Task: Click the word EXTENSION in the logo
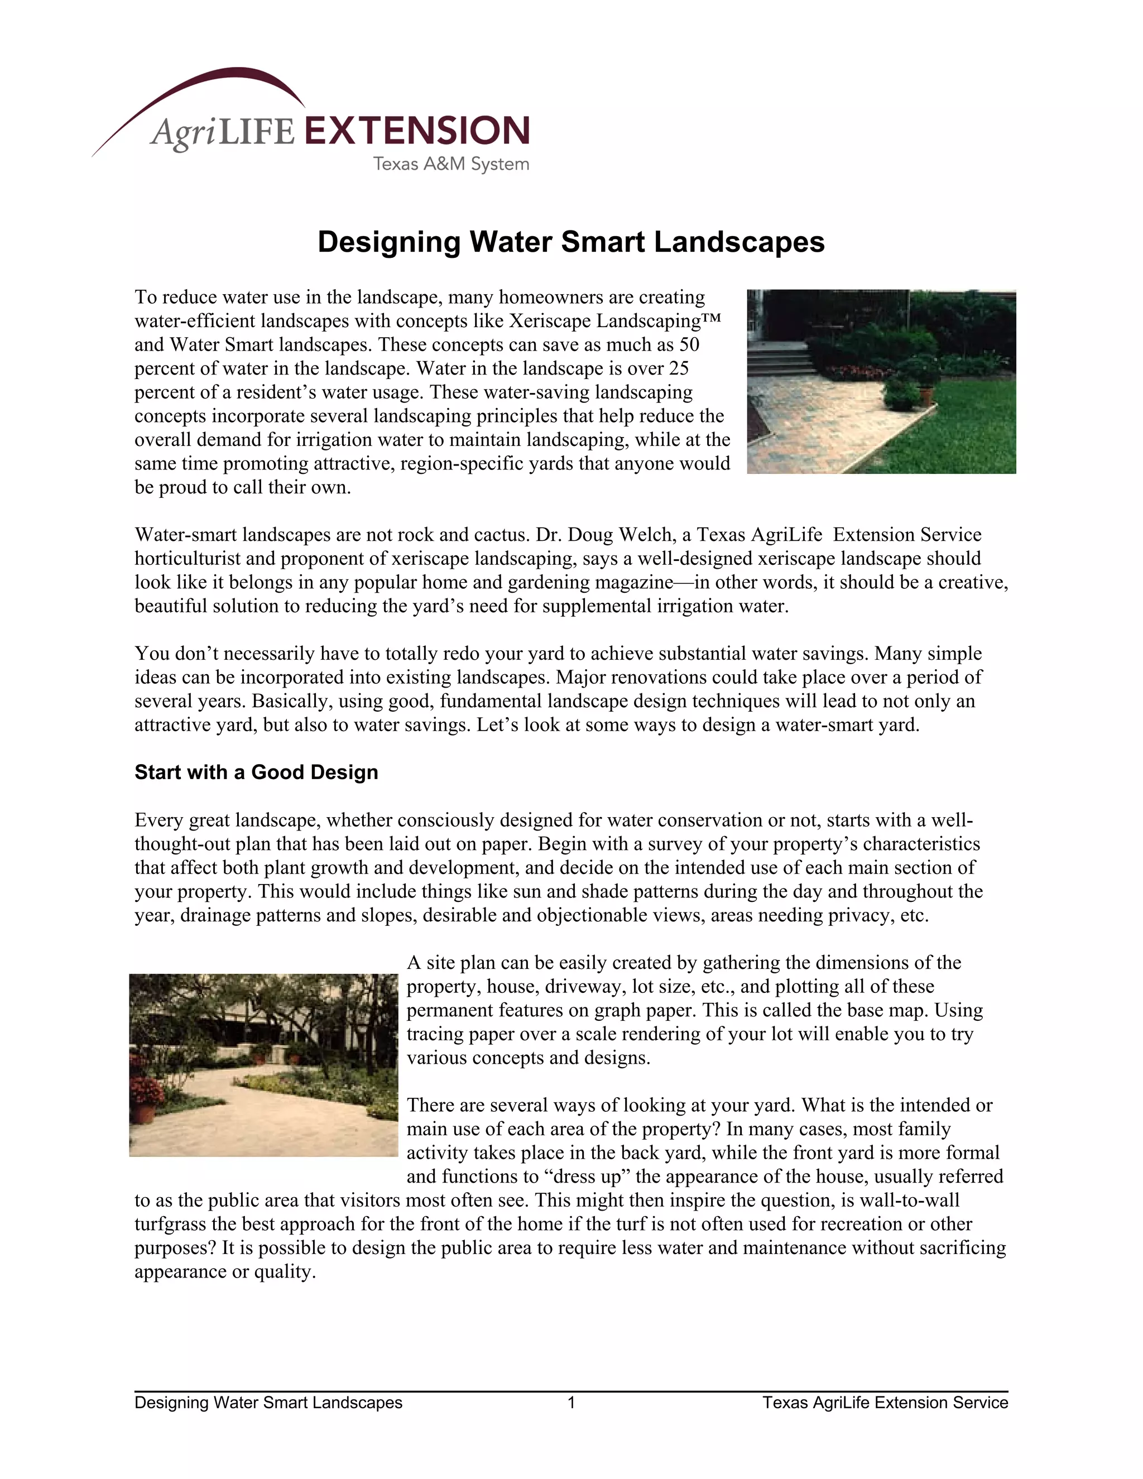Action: pyautogui.click(x=416, y=131)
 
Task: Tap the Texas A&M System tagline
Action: pyautogui.click(x=451, y=164)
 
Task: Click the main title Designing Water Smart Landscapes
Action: pyautogui.click(x=571, y=242)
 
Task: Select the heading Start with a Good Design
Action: pyautogui.click(x=256, y=772)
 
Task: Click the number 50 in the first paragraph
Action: pyautogui.click(x=689, y=345)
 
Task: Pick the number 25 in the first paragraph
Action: pyautogui.click(x=679, y=368)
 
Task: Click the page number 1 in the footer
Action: pyautogui.click(x=571, y=1403)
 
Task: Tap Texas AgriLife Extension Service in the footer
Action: pyautogui.click(x=885, y=1403)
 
